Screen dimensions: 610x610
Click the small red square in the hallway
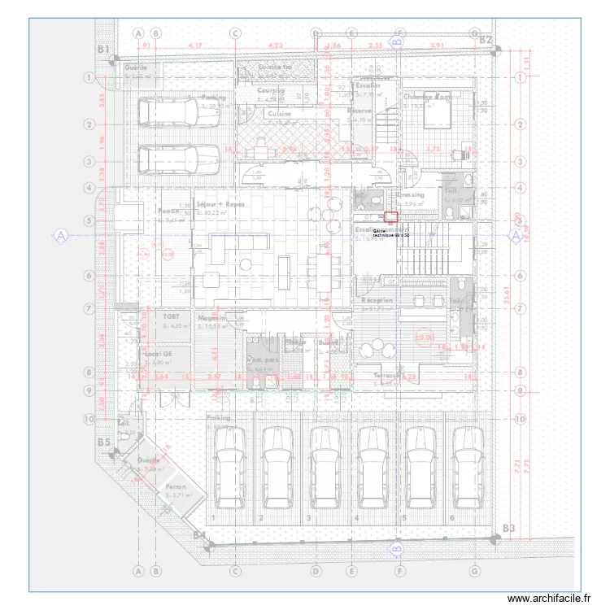[x=391, y=217]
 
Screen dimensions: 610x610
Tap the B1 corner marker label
[x=103, y=50]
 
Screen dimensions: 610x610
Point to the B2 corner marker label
[x=486, y=39]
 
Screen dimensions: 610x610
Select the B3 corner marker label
[x=508, y=529]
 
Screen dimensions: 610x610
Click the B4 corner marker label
[x=199, y=534]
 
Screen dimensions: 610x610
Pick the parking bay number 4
[x=355, y=518]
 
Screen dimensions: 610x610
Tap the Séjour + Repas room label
[x=220, y=205]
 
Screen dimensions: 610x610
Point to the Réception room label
[x=377, y=300]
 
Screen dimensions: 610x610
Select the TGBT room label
[x=171, y=317]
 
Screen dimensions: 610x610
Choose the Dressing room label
[x=411, y=195]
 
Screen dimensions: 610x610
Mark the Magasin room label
[x=211, y=318]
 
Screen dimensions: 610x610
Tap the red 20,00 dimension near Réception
[x=424, y=335]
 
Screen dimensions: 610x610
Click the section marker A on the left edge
[x=60, y=236]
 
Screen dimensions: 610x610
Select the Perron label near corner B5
[x=176, y=486]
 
